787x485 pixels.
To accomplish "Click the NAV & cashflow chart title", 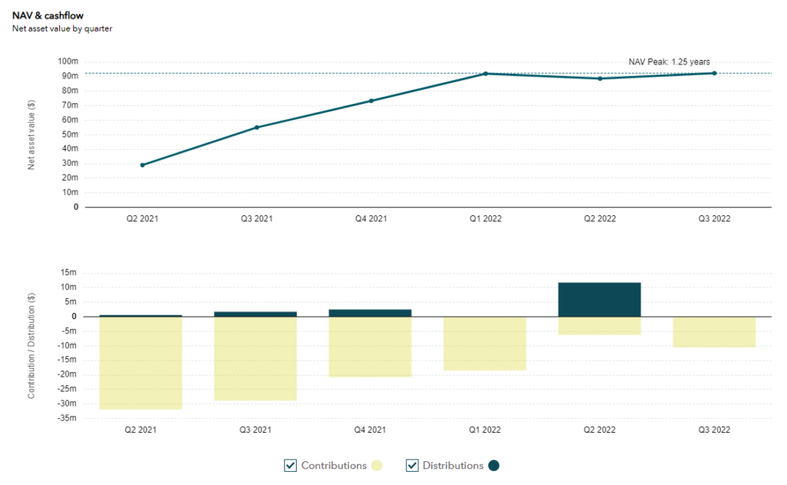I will [x=48, y=15].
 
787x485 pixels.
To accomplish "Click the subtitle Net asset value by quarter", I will [x=62, y=28].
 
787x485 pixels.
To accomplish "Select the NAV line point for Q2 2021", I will [x=142, y=164].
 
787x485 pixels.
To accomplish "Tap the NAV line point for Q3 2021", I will [x=257, y=127].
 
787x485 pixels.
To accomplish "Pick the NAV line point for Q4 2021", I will [x=371, y=101].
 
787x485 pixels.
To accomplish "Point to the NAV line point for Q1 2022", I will [x=486, y=74].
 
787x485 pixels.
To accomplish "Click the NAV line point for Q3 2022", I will [x=714, y=73].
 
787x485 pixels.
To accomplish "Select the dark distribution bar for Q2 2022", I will [x=599, y=300].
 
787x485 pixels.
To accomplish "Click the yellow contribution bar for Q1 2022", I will [x=486, y=344].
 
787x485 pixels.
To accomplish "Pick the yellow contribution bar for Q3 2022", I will [x=714, y=331].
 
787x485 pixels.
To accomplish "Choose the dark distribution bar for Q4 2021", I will [x=371, y=313].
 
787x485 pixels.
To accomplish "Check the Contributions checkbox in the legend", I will [x=291, y=465].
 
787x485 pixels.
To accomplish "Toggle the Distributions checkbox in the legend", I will [x=412, y=465].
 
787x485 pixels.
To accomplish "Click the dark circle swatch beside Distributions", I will [x=493, y=465].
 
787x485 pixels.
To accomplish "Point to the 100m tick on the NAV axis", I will [x=68, y=61].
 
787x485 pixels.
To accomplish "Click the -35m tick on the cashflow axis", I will [x=68, y=418].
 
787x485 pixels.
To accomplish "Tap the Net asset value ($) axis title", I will [x=32, y=135].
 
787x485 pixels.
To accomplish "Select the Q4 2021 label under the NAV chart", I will [x=371, y=218].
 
